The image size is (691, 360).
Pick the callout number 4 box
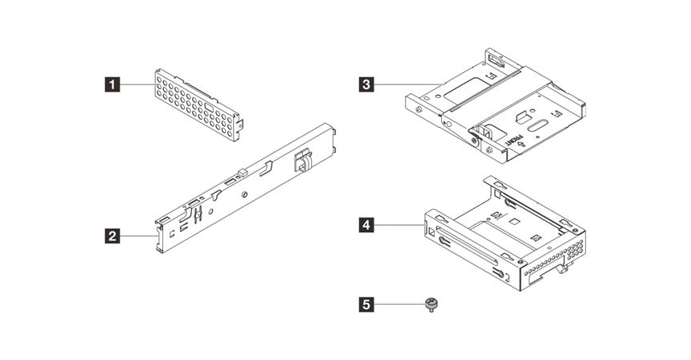[x=366, y=226]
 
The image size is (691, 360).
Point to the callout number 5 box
[x=366, y=305]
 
